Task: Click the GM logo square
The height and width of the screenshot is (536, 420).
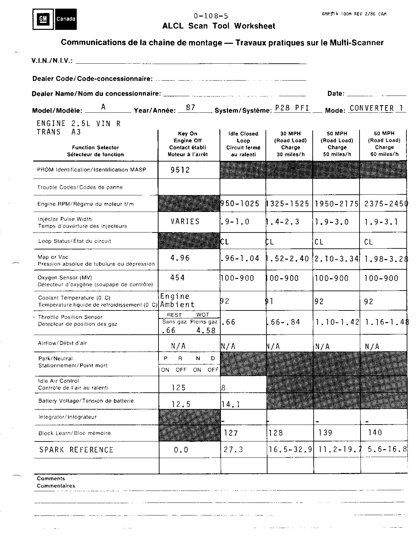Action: [43, 19]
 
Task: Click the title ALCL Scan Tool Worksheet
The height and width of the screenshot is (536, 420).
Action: [218, 26]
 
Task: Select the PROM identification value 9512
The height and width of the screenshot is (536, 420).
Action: [180, 170]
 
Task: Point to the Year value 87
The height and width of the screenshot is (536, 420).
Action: [190, 107]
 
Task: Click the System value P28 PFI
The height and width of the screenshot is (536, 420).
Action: [292, 108]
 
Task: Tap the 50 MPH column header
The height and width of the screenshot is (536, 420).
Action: [337, 144]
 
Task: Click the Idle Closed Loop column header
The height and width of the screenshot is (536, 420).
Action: [243, 144]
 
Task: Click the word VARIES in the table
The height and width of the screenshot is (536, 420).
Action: [185, 221]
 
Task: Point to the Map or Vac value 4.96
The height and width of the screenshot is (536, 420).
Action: [180, 258]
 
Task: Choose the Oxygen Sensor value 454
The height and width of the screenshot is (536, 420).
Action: [177, 278]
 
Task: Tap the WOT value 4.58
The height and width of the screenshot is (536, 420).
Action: [206, 330]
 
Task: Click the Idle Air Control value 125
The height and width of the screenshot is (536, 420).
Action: [178, 387]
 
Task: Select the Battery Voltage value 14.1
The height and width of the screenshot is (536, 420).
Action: [230, 404]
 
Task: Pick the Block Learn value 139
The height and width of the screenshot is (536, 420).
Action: [325, 433]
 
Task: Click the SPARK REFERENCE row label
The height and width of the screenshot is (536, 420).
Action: [76, 450]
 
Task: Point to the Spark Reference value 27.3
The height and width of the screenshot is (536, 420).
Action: [234, 449]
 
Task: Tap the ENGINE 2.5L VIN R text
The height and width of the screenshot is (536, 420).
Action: [78, 124]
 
